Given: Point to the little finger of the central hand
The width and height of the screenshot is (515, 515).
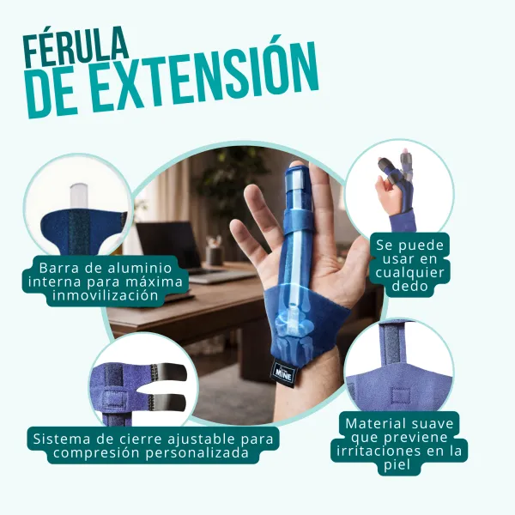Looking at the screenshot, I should (253, 215).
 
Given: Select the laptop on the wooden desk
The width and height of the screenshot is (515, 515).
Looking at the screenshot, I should (167, 245).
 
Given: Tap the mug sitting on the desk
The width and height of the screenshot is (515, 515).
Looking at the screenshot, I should (215, 252).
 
